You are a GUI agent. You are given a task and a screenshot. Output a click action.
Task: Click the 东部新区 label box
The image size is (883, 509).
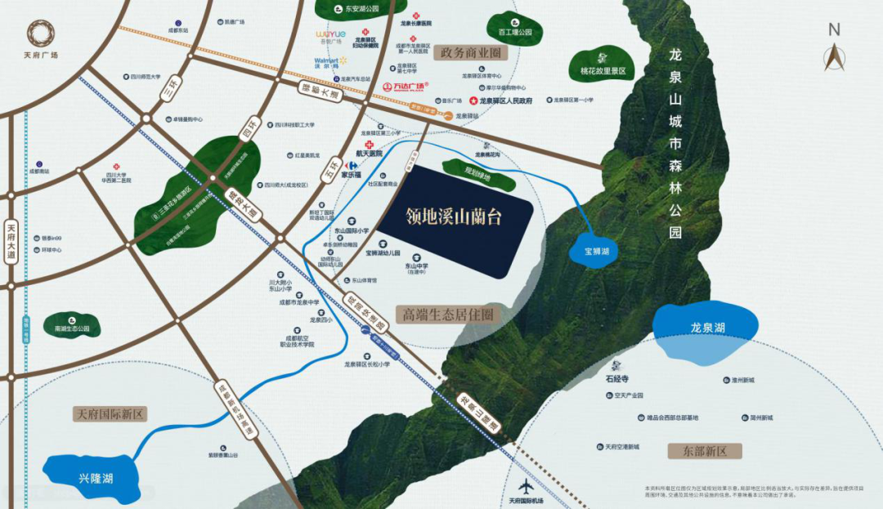703,451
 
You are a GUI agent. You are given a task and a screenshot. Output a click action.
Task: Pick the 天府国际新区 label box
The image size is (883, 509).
110,414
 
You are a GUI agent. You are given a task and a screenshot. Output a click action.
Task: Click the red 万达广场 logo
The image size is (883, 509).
406,87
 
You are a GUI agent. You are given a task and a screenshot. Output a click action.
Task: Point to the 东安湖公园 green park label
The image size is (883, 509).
356,9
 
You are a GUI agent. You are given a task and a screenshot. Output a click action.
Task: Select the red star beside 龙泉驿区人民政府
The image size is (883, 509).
473,100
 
